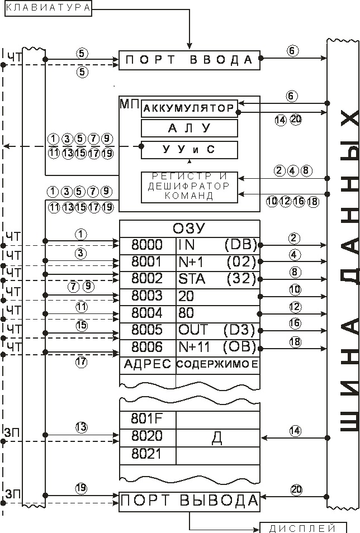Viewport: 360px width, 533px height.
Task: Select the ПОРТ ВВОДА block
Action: click(x=190, y=60)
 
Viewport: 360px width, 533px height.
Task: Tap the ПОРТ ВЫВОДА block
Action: click(x=190, y=501)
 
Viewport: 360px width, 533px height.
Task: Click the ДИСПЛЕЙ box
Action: click(x=302, y=528)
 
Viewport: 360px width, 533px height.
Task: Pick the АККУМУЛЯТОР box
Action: click(x=190, y=107)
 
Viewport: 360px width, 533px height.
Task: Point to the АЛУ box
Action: click(x=190, y=129)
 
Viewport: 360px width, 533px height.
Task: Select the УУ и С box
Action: click(x=190, y=150)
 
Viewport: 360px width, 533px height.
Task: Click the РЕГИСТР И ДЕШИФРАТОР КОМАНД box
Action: click(x=190, y=187)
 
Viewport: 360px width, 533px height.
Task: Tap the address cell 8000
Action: click(x=147, y=245)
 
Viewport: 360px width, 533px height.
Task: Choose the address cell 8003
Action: click(x=147, y=296)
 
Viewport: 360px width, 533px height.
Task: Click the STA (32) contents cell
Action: click(x=217, y=279)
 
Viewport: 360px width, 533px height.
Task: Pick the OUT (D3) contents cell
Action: click(x=217, y=330)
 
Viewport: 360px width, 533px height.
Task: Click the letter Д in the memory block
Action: click(x=217, y=437)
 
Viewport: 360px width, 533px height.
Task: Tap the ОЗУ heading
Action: click(x=190, y=228)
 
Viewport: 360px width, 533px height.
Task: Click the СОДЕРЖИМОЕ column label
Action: click(x=217, y=365)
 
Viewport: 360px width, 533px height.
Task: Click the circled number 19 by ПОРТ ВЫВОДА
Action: click(x=82, y=487)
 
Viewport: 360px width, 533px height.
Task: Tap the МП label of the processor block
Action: click(x=126, y=103)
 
